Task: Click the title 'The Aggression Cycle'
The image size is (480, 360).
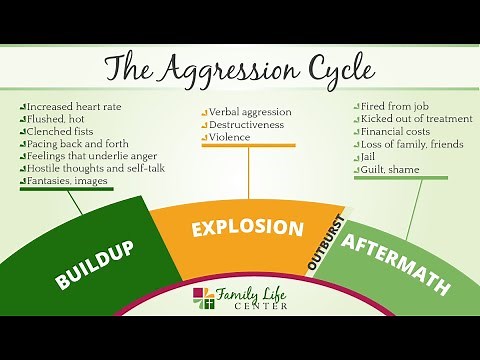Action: (x=239, y=71)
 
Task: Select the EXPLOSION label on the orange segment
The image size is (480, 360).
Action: (x=247, y=227)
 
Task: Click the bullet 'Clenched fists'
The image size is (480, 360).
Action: (x=60, y=130)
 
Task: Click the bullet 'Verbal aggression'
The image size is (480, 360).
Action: (x=251, y=113)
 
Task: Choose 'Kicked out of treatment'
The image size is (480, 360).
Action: (x=411, y=118)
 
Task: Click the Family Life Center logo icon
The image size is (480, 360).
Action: (x=203, y=298)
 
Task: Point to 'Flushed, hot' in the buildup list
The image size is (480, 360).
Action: (x=56, y=118)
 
